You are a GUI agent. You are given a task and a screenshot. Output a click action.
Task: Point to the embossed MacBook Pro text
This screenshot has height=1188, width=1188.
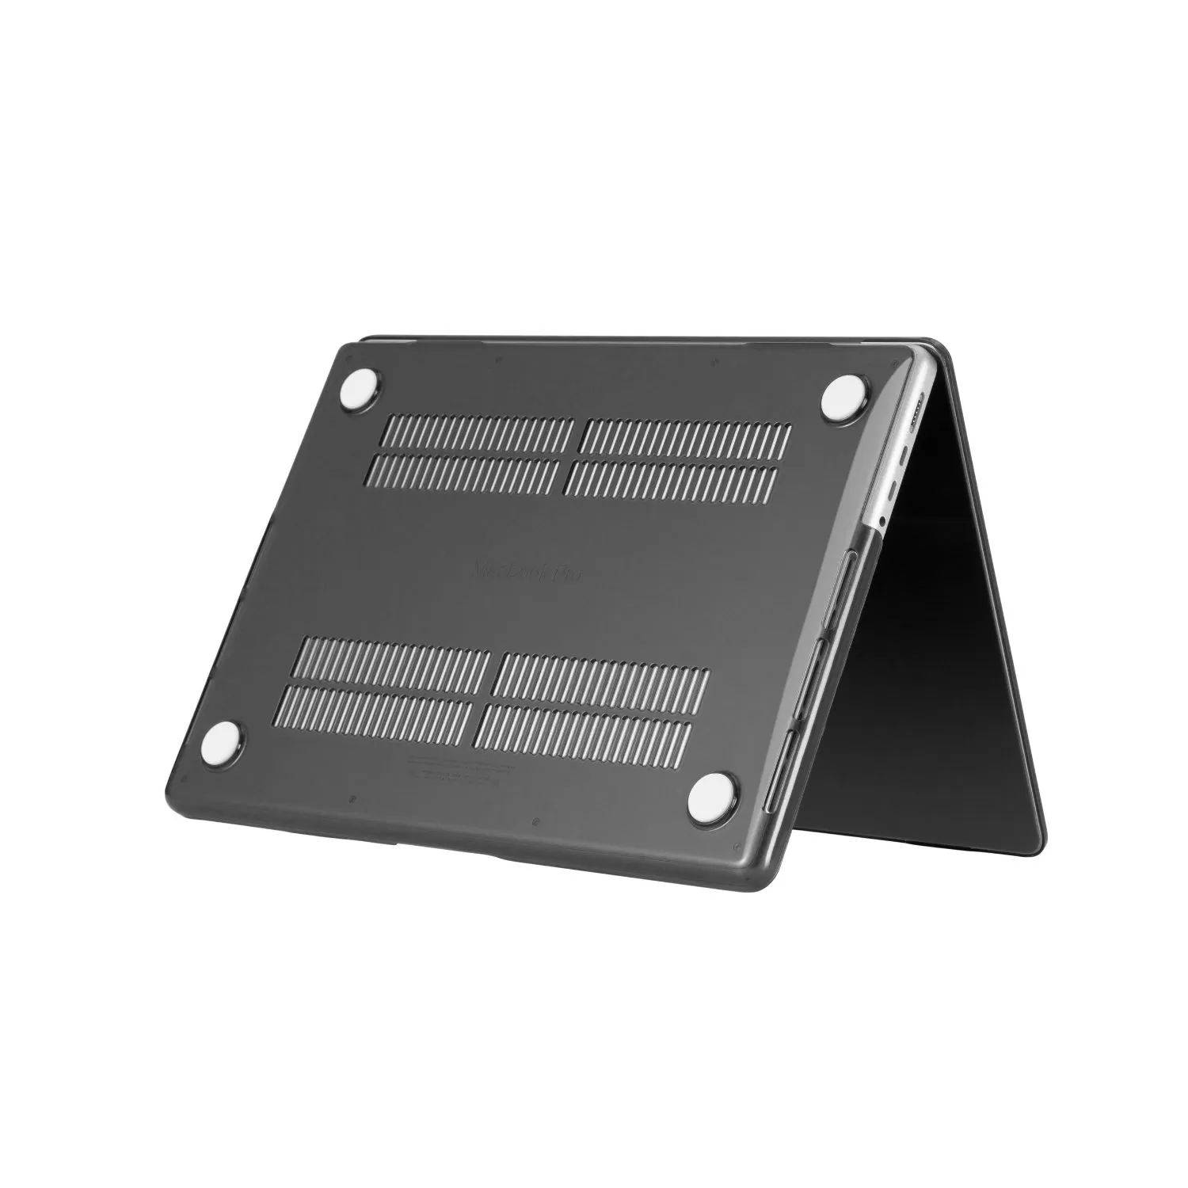527,571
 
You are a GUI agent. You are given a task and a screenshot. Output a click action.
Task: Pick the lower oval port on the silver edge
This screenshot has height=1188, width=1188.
893,490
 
